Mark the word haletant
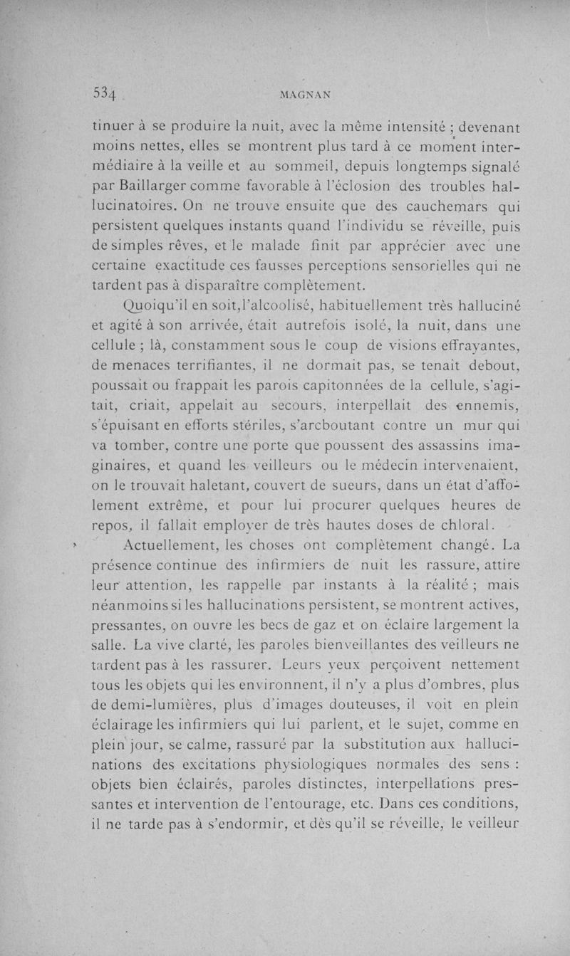pyautogui.click(x=209, y=488)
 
